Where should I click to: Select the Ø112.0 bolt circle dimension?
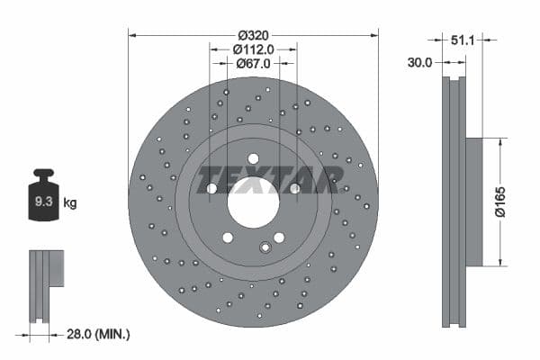[253, 49]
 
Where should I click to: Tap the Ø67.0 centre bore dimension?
[253, 63]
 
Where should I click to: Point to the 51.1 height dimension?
[462, 40]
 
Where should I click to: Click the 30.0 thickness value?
[419, 62]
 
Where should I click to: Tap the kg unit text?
[70, 203]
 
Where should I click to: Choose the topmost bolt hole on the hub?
[253, 158]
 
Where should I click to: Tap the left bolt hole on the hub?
[211, 188]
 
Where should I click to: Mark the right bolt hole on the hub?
[294, 188]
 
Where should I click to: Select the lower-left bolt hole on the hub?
[228, 238]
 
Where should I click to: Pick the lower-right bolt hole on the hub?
[279, 238]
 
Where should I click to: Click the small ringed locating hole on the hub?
[265, 248]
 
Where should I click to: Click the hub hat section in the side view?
[474, 202]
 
